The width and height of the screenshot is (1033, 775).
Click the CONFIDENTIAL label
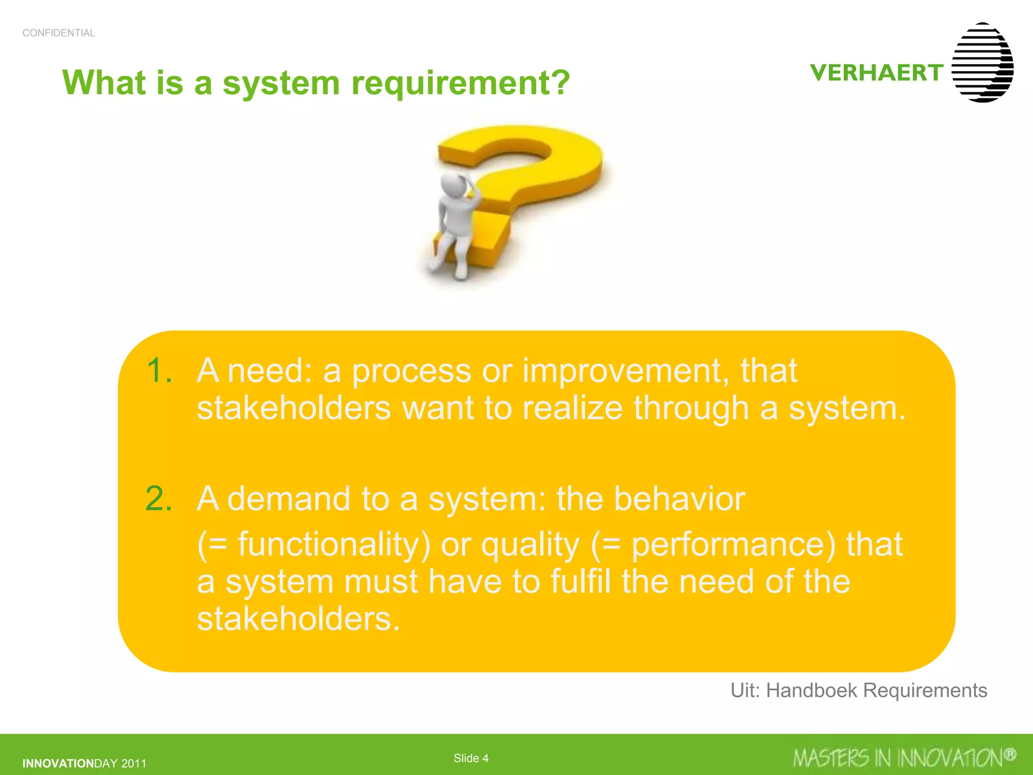(x=59, y=33)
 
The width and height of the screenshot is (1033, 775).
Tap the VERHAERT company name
(x=877, y=73)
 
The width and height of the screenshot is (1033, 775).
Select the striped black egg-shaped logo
(x=983, y=63)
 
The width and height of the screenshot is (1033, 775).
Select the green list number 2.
(x=159, y=499)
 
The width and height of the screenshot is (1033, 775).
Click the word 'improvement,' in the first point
(x=625, y=371)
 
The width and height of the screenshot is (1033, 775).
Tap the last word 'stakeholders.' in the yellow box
(x=299, y=619)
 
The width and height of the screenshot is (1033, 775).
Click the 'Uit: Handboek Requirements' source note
(x=858, y=691)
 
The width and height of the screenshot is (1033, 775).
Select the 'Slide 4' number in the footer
(x=471, y=758)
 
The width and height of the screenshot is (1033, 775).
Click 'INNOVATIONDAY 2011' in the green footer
(x=84, y=763)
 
